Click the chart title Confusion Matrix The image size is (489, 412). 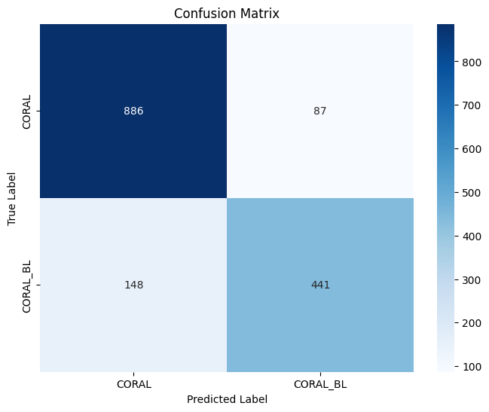point(226,13)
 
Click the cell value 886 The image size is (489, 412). point(133,111)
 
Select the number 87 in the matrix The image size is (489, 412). point(320,111)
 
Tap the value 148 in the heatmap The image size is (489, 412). point(133,285)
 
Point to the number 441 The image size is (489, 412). point(320,285)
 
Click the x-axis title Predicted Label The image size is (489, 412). point(227,400)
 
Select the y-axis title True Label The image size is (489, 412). point(12,198)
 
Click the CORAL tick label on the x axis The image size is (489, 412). point(133,384)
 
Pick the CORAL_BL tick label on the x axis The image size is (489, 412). point(320,384)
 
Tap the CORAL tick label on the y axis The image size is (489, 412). point(28,111)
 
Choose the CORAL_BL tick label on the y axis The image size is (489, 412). point(28,285)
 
